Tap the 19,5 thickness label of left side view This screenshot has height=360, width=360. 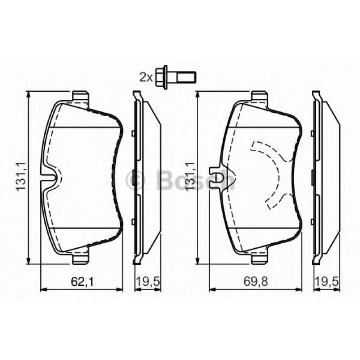147,281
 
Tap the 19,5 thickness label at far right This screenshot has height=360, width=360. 326,281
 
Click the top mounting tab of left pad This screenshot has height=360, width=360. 80,96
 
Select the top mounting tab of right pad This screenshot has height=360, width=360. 259,96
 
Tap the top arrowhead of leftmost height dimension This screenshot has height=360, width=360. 29,94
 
